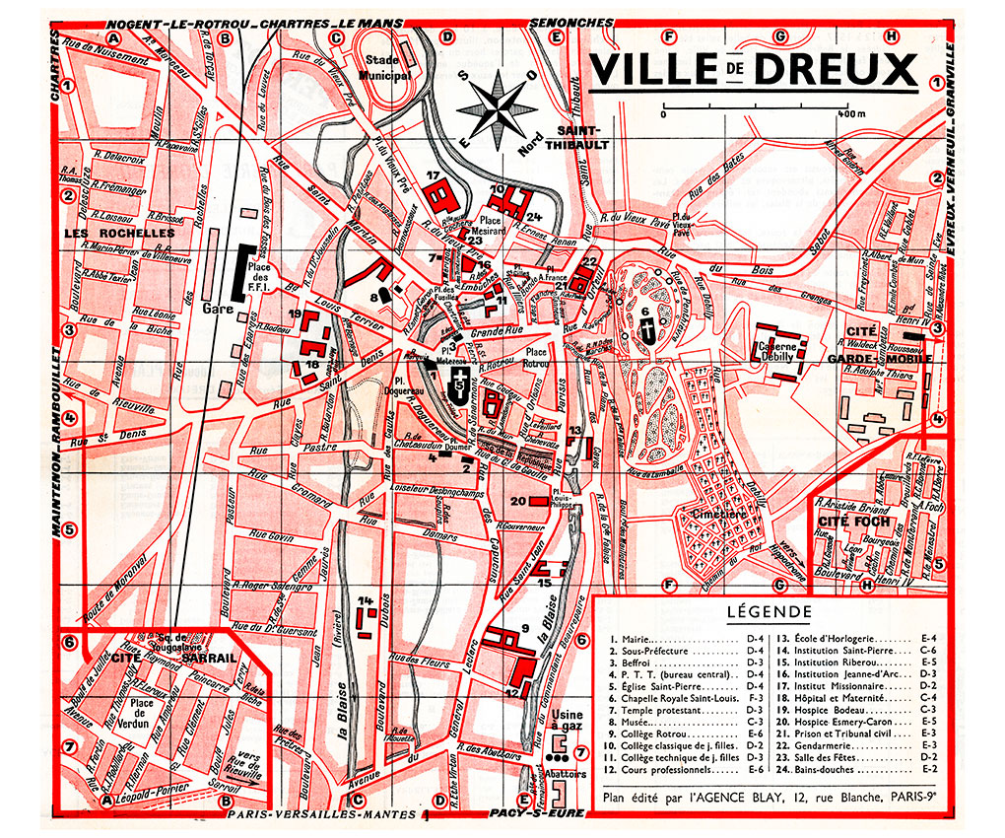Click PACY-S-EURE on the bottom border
(x=537, y=814)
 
